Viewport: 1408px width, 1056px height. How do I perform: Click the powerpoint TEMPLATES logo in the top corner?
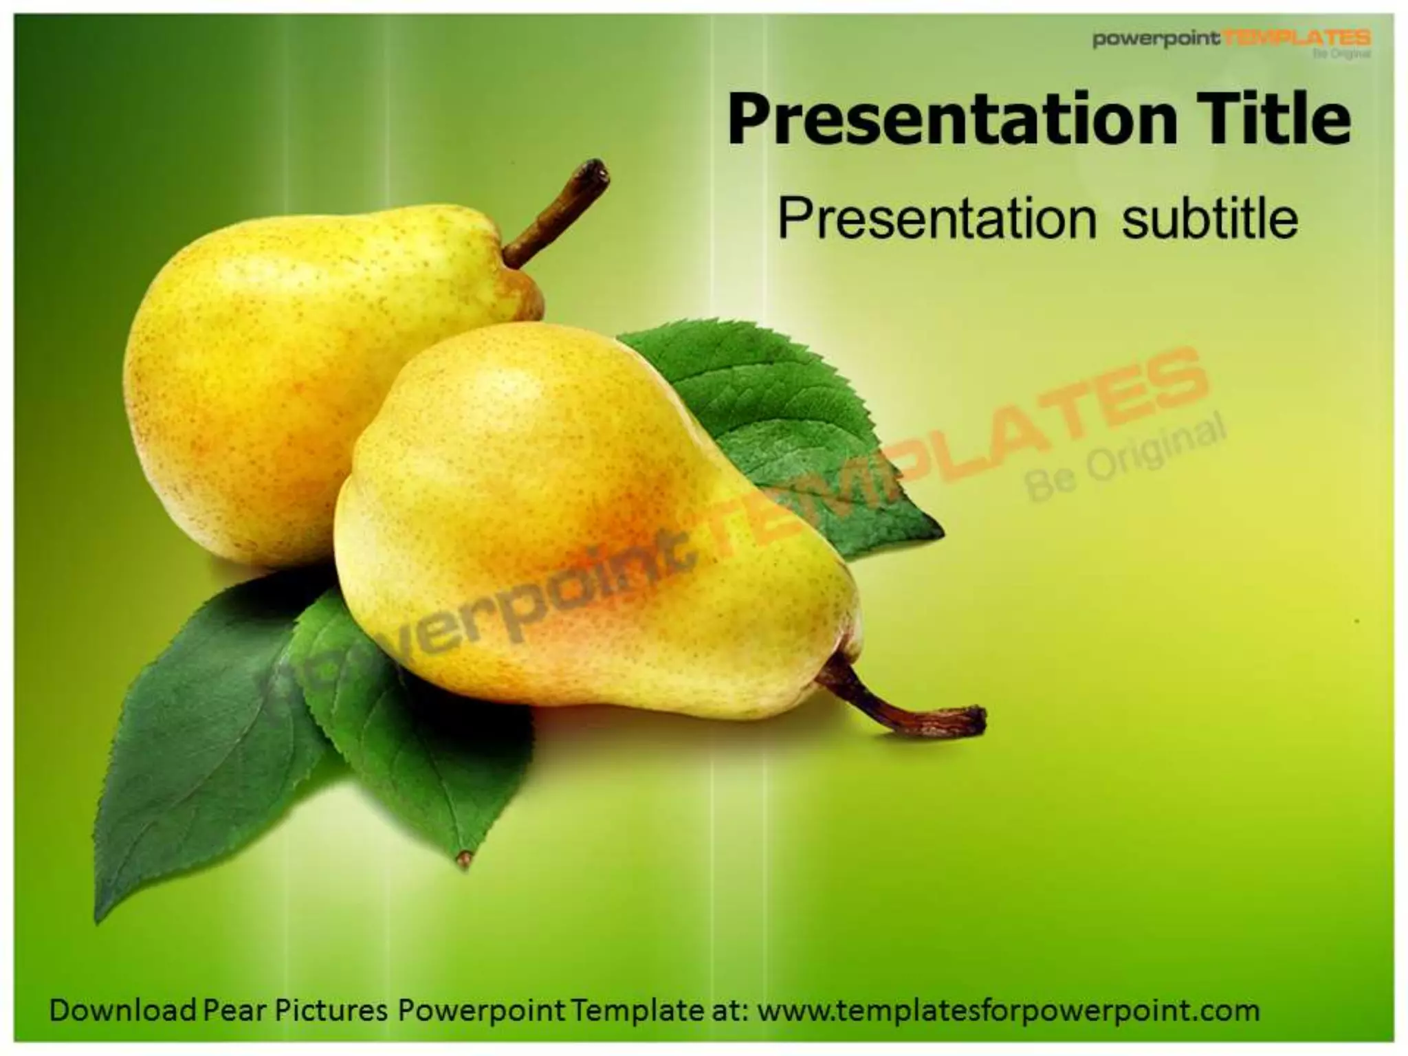click(x=1231, y=40)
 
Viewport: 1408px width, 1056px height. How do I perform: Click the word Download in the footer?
click(x=123, y=1010)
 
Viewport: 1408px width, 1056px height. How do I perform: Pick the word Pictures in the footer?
click(x=331, y=1010)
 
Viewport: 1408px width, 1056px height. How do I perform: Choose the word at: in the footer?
click(x=729, y=1010)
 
